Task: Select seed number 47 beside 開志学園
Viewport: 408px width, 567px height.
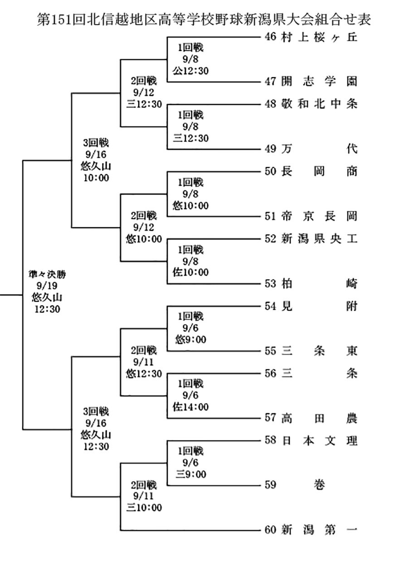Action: point(270,82)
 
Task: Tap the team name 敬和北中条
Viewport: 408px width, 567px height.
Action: point(318,104)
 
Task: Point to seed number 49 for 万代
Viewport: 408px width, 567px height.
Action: point(270,149)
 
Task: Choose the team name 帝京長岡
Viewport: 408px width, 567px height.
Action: point(318,216)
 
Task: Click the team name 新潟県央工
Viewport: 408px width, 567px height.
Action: point(318,239)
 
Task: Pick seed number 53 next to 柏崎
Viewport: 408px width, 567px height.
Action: point(270,284)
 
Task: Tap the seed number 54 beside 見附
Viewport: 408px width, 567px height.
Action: point(270,306)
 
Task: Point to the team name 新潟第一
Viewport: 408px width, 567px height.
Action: point(318,529)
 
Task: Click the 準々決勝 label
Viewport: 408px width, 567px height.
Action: point(47,275)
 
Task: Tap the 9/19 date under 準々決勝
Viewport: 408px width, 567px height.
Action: point(47,286)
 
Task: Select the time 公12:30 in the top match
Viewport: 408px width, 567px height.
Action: point(191,70)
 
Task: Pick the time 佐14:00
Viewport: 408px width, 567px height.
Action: point(191,407)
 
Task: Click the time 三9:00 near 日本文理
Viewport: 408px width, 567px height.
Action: point(191,474)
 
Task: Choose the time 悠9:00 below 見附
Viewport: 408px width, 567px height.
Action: point(191,339)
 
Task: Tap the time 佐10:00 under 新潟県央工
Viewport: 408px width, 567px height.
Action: point(191,272)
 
